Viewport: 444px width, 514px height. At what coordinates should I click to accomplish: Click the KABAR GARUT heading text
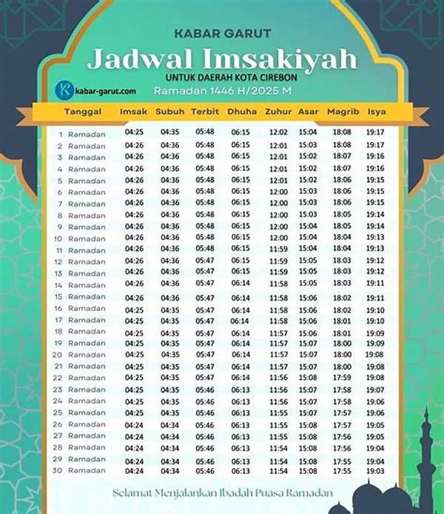pos(221,33)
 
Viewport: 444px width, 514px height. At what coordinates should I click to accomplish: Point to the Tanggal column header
pos(83,112)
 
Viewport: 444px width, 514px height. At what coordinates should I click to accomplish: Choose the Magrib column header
pos(343,112)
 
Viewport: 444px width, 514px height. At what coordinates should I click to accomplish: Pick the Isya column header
pos(376,112)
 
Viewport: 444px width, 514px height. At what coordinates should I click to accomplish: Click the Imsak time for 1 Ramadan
pos(134,133)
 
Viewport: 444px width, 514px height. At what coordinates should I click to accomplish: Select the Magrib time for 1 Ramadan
pos(342,133)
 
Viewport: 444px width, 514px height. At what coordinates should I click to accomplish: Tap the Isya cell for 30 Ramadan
pos(374,471)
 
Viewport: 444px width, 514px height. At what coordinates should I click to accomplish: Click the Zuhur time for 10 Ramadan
pos(278,238)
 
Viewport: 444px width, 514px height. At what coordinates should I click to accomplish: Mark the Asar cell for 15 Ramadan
pos(308,296)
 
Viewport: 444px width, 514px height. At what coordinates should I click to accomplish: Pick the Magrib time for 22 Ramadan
pos(342,378)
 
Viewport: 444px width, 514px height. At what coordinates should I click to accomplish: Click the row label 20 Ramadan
pos(79,355)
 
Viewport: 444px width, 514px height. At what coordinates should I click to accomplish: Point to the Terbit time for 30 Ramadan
pos(205,471)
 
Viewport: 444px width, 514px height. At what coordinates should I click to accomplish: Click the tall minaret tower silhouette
pos(427,452)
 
